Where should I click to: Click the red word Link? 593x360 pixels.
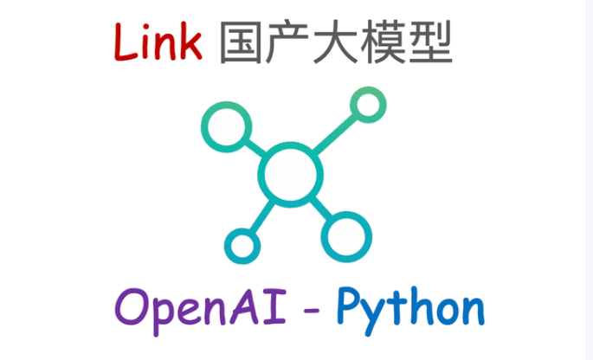point(158,42)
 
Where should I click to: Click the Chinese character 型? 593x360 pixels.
point(430,43)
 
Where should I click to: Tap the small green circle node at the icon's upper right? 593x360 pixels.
point(367,106)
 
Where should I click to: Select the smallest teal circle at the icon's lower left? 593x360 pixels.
point(242,245)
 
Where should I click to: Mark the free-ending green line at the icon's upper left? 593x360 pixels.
point(227,130)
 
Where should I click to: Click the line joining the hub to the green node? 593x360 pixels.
point(332,137)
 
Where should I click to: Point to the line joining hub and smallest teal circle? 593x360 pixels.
point(261,215)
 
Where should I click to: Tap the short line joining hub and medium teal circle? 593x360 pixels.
point(319,206)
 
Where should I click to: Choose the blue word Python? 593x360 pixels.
point(409,309)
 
